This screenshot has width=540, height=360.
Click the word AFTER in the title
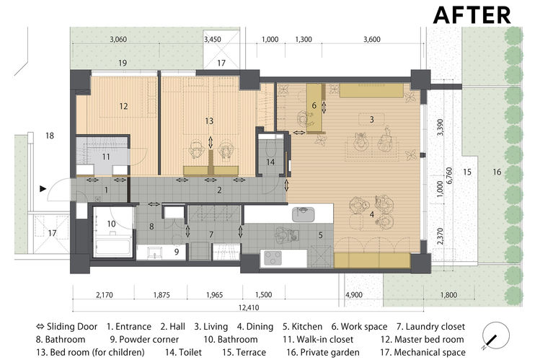472,15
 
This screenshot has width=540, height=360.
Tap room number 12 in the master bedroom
123,106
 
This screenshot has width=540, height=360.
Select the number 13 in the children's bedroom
209,121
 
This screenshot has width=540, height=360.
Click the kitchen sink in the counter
304,214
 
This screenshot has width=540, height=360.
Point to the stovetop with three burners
273,258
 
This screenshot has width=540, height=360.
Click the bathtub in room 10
112,247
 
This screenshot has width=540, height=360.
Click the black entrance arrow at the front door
43,188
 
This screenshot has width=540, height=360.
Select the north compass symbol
495,335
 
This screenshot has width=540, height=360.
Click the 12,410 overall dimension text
249,307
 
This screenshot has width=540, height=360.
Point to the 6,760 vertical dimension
449,176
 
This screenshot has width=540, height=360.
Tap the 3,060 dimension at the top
118,40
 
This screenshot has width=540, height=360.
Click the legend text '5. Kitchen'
302,327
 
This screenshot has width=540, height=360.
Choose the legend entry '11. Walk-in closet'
318,340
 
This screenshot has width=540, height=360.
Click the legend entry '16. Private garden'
323,352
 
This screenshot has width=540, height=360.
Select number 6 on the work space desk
314,105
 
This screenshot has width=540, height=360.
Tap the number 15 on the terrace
467,172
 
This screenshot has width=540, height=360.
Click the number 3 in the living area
371,120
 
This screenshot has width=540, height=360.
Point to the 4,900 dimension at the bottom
354,295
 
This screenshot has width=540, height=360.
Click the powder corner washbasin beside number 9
154,253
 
